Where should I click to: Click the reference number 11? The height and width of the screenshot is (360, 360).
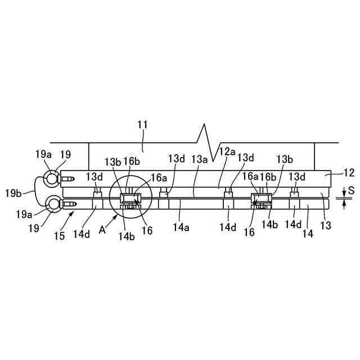click(x=143, y=125)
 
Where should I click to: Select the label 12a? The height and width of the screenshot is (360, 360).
click(x=227, y=151)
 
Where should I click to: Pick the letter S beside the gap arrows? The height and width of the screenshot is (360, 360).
click(x=351, y=191)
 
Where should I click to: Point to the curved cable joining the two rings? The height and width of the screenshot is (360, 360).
click(x=38, y=191)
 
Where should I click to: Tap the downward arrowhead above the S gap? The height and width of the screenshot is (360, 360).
click(x=344, y=194)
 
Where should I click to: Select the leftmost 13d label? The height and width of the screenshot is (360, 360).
click(x=94, y=177)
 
